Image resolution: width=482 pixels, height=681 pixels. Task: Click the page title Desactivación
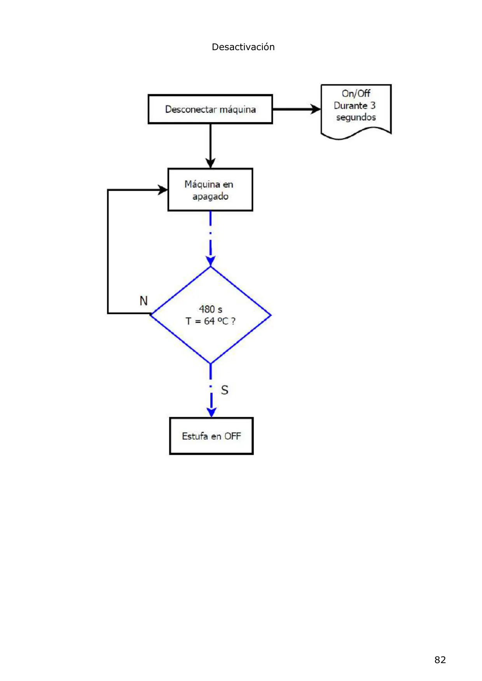click(x=243, y=47)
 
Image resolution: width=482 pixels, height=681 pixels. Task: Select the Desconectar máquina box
click(x=210, y=109)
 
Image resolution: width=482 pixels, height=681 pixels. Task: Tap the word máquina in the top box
click(x=238, y=110)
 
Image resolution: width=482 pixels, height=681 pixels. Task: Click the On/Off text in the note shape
click(x=356, y=94)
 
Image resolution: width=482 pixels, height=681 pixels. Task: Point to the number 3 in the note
click(x=373, y=105)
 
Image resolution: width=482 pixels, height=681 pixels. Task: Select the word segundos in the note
click(x=356, y=118)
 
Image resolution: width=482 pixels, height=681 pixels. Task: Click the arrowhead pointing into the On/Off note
click(x=316, y=109)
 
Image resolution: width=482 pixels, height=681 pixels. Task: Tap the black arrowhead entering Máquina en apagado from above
click(x=210, y=163)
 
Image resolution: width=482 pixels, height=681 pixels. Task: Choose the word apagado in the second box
click(x=210, y=197)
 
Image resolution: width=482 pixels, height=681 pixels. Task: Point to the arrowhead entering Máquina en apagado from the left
click(x=162, y=190)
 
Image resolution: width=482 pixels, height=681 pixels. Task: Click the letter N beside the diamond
click(x=143, y=301)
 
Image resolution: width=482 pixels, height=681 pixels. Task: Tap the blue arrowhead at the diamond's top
click(x=210, y=261)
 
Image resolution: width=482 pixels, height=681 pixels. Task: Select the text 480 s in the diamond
click(x=210, y=309)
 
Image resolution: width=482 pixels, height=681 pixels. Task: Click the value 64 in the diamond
click(x=209, y=321)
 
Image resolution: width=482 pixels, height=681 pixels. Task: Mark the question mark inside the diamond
click(x=233, y=321)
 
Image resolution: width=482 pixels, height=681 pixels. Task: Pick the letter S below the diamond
click(x=225, y=390)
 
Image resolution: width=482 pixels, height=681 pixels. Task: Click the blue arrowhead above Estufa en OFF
click(x=211, y=412)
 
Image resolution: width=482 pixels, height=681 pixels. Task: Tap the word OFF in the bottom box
click(x=232, y=436)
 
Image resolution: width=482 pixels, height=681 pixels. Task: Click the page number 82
click(x=440, y=660)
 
